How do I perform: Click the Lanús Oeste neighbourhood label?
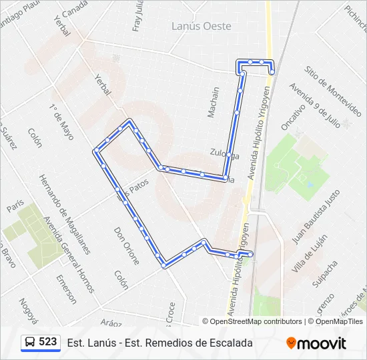pos(202,26)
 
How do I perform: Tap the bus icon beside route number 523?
pos(29,343)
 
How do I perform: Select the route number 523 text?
pos(48,342)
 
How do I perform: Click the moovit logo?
pos(316,343)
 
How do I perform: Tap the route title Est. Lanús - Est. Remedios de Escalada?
pos(160,343)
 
